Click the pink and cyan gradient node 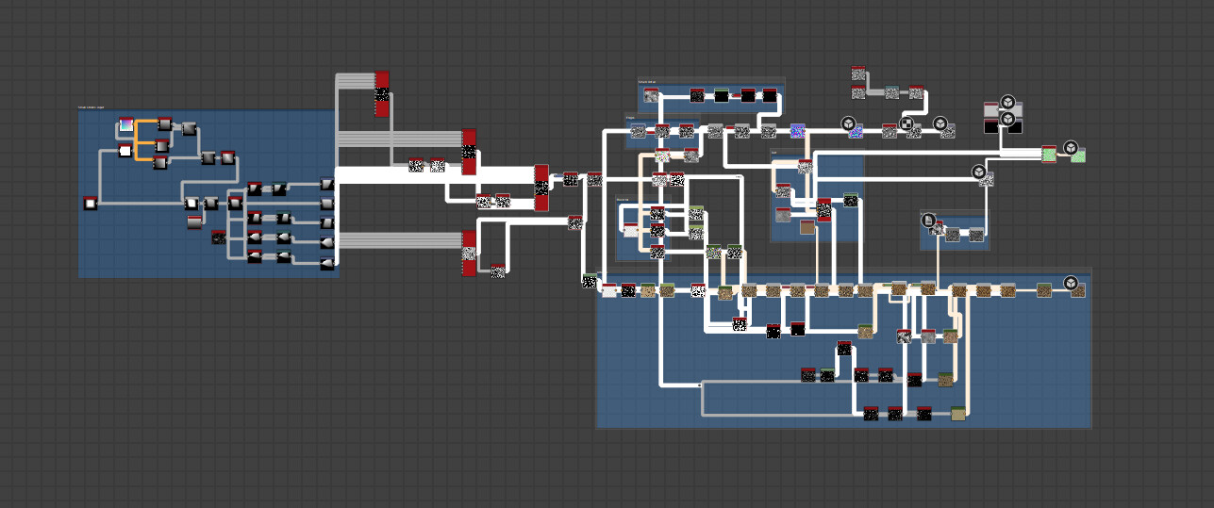point(126,125)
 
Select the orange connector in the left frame point(138,139)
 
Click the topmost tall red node point(382,93)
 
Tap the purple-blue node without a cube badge point(798,131)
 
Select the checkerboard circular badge point(906,123)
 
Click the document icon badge point(929,221)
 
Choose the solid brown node point(807,227)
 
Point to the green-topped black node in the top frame point(722,95)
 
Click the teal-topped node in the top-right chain point(891,92)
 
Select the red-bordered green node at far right point(1049,154)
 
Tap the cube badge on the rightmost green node point(1071,148)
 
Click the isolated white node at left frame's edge point(91,203)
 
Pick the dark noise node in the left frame point(219,237)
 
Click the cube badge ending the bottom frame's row point(1071,283)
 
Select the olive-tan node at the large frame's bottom point(958,413)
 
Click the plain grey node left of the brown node point(783,215)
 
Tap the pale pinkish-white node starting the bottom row point(609,291)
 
